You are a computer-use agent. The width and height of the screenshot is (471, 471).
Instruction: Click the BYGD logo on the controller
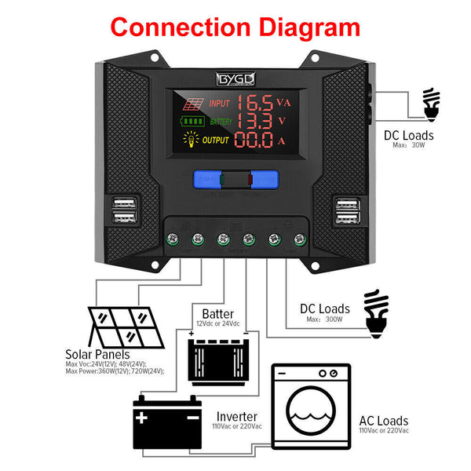pos(235,78)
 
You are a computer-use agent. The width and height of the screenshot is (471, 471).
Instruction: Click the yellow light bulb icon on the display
pos(191,141)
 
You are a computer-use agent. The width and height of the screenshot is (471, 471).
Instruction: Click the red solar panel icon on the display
pos(194,103)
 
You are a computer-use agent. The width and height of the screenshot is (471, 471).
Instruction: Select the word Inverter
pos(237,415)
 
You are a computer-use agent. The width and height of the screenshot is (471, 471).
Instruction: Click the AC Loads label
pos(383,422)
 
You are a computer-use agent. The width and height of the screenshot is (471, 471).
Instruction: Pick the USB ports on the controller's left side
pos(123,211)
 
